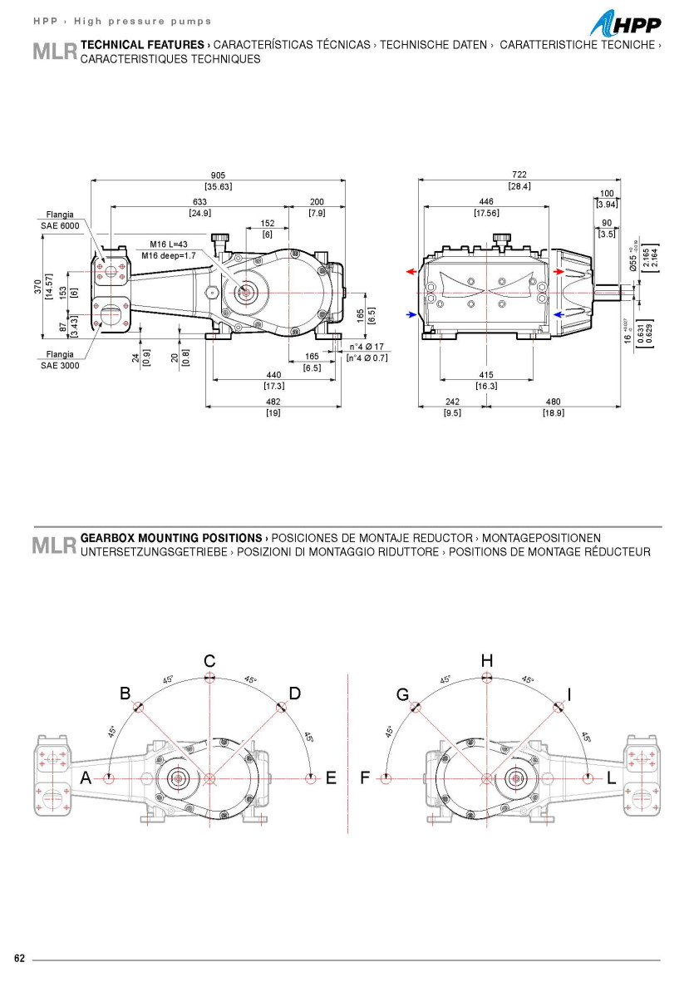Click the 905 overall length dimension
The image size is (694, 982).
218,175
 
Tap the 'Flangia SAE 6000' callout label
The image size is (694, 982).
60,220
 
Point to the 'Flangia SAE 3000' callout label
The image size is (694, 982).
60,360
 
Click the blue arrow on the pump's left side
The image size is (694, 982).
411,314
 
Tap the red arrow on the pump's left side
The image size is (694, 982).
411,272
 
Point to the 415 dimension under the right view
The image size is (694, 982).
487,376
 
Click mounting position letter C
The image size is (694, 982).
210,661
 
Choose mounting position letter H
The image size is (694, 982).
487,660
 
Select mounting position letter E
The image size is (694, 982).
331,778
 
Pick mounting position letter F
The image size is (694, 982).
365,778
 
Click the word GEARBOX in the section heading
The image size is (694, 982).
106,538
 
